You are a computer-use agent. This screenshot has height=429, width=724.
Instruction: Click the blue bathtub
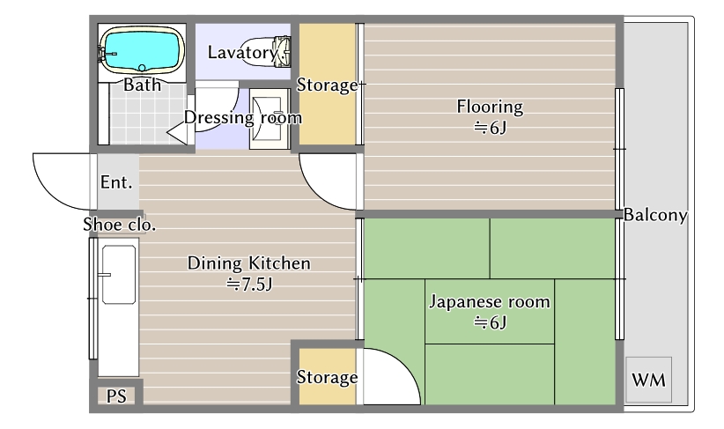pos(142,49)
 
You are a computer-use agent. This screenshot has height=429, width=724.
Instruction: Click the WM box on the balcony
pos(648,381)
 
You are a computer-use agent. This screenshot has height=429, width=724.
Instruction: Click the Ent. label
pos(116,183)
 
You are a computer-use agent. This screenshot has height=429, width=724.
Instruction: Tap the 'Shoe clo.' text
pos(120,225)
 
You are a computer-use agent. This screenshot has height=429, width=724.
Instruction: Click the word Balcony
pos(656,215)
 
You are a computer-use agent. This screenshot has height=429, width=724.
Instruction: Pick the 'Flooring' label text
pos(489,107)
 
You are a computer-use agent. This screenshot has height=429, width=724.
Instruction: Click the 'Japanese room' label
pos(489,302)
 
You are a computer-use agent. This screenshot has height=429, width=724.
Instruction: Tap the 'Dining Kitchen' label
pos(248,263)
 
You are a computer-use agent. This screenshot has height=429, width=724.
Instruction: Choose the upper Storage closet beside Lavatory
pos(327,85)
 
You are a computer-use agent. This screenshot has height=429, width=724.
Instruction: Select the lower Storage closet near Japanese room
pos(327,378)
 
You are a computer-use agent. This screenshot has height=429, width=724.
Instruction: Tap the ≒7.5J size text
pos(248,284)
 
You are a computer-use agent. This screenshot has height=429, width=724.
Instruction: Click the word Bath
pos(142,85)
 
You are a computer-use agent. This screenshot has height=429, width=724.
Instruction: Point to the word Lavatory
pos(241,52)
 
